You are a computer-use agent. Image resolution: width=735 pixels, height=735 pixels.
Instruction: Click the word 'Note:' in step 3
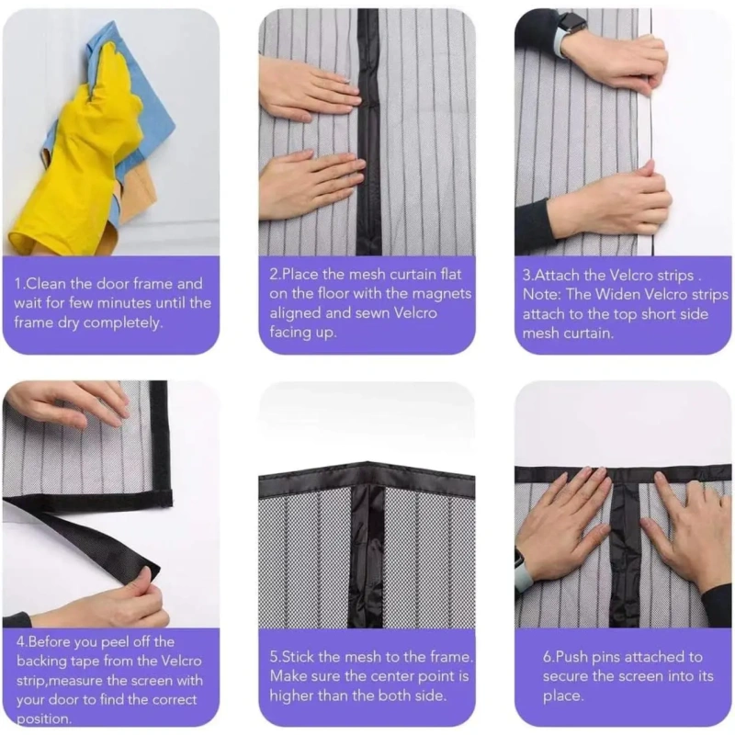(541, 295)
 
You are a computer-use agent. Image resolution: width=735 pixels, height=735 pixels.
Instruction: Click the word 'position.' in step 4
(43, 719)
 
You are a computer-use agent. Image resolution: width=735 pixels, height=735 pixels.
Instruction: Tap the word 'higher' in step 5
(291, 696)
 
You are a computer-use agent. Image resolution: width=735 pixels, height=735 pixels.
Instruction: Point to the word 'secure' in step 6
(566, 677)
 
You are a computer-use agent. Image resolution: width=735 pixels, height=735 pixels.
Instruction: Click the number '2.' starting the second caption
(275, 275)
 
